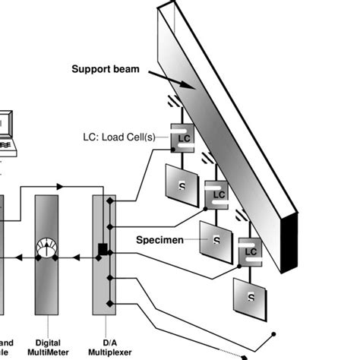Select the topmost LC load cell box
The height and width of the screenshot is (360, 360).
[x=183, y=140]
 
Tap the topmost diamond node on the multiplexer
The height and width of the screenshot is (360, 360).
[x=111, y=201]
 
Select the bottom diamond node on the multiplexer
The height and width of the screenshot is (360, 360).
[x=111, y=303]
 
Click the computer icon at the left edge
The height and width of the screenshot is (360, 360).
[x=5, y=129]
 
